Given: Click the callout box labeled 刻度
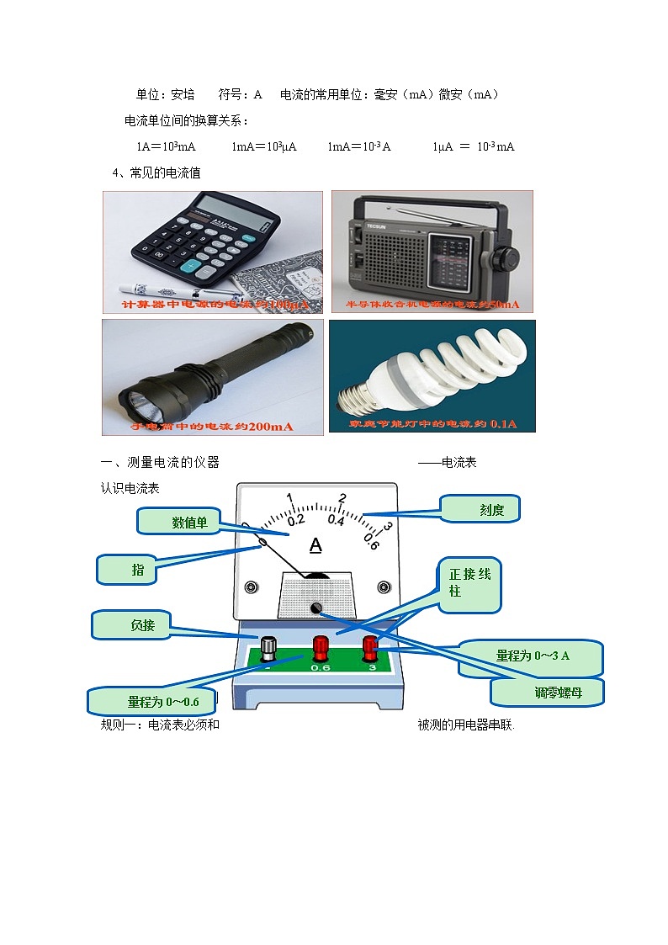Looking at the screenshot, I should click(480, 509).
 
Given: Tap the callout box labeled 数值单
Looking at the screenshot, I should click(178, 523).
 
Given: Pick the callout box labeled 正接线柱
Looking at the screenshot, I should click(469, 582).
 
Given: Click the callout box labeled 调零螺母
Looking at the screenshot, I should click(546, 693).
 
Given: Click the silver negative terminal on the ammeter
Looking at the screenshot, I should click(268, 648).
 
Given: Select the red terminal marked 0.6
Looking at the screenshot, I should click(321, 648).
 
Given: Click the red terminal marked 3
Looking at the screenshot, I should click(369, 647).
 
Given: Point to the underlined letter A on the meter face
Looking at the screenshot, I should click(315, 546).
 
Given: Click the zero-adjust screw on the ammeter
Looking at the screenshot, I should click(316, 608).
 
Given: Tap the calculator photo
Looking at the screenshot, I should click(213, 252).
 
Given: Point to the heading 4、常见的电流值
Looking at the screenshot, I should click(156, 173).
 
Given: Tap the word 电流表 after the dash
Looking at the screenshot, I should click(459, 462).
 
